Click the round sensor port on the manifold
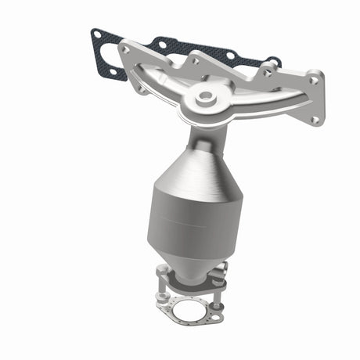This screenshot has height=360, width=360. tap(207, 98)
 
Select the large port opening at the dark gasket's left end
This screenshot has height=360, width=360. tap(110, 56)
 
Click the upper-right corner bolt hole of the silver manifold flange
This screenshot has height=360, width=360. tap(316, 77)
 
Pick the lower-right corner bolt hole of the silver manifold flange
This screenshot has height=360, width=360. tap(315, 120)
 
